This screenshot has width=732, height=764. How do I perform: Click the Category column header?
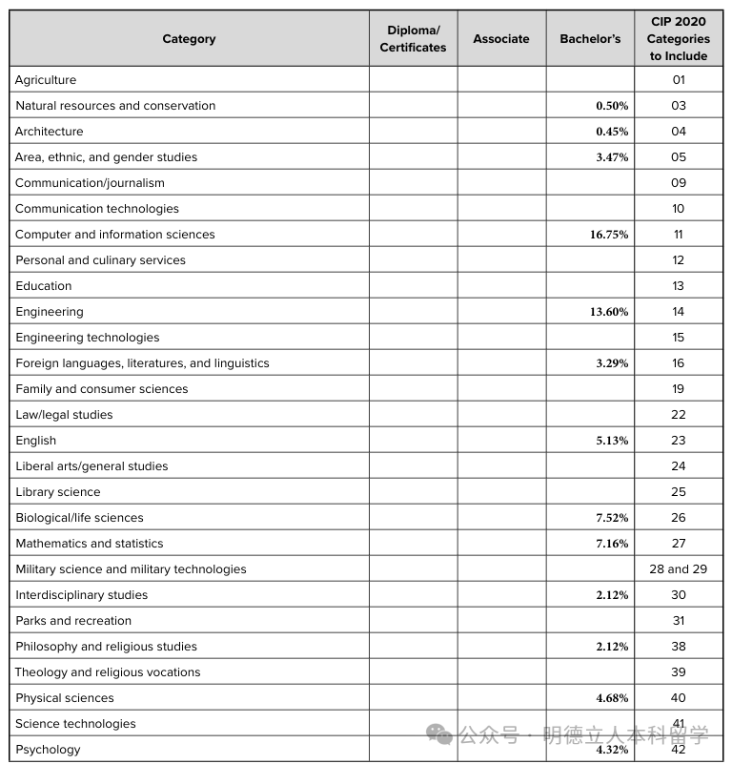pos(189,39)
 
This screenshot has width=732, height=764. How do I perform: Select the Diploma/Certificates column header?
pos(413,39)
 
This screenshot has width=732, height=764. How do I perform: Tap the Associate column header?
pos(501,39)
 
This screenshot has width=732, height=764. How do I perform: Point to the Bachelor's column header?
pos(590,39)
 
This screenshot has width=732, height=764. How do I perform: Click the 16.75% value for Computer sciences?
pos(609,235)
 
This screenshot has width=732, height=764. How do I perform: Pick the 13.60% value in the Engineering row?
pos(609,312)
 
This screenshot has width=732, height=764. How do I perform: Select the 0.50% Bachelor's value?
pos(612,106)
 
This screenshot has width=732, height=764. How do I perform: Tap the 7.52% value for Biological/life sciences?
pos(612,518)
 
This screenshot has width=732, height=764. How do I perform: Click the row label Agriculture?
pos(46,80)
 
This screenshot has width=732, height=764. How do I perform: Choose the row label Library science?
pos(58,492)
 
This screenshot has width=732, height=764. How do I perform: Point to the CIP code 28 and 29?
pos(679,569)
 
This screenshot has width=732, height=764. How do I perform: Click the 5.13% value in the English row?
pos(612,441)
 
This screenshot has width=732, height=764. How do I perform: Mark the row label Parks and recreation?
pos(73,621)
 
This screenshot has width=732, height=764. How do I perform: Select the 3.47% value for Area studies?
pos(612,157)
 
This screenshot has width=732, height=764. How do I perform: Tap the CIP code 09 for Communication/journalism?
pos(679,183)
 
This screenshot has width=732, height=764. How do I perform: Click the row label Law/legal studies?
pos(64,415)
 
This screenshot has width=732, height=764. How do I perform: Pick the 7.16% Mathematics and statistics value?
pos(612,544)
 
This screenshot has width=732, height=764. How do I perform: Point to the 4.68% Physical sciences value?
pos(612,698)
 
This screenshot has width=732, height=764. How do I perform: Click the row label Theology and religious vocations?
pos(108,672)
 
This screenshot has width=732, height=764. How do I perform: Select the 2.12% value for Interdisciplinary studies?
pos(612,595)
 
